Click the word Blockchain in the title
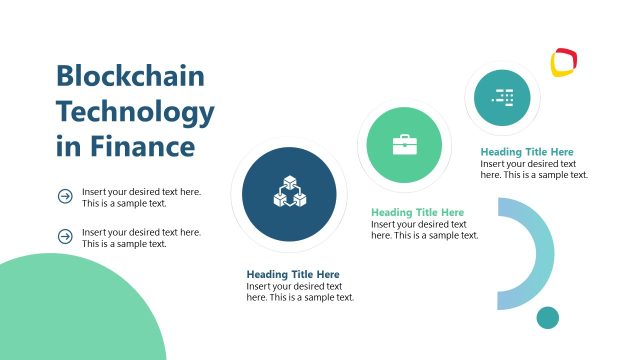[130, 76]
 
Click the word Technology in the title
[135, 111]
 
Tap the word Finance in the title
[140, 147]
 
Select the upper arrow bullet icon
[65, 196]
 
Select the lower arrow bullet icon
[65, 237]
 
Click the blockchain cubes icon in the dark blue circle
[289, 193]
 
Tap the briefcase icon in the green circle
[405, 145]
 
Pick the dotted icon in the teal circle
[503, 97]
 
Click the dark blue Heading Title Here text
[293, 274]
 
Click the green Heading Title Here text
[417, 212]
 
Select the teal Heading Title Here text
[527, 152]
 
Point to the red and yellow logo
[564, 63]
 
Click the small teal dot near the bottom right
[547, 318]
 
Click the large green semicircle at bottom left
[80, 315]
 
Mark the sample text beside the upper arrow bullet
[141, 196]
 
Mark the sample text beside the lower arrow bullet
[141, 237]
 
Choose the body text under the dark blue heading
[300, 292]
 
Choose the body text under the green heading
[424, 230]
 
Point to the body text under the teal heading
[534, 169]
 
